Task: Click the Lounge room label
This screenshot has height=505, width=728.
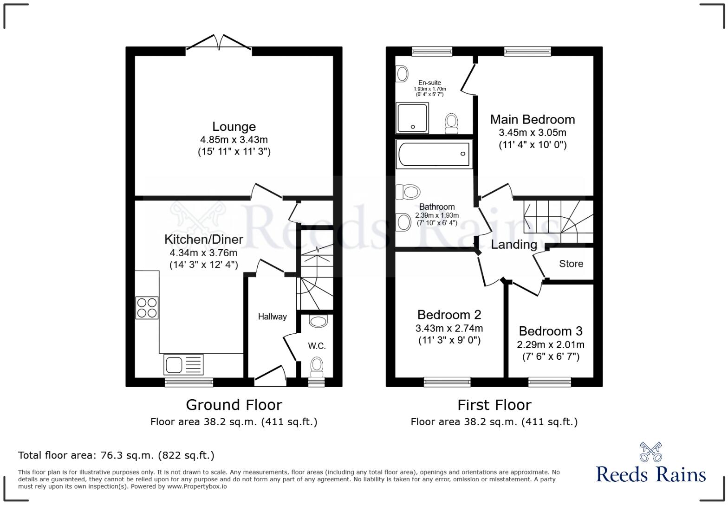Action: pos(234,127)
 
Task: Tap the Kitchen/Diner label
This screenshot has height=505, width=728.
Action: pos(203,240)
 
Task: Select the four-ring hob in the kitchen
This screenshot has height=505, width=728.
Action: pos(147,308)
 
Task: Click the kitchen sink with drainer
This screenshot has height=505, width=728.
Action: pos(183,364)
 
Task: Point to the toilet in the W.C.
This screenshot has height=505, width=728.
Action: pos(317,365)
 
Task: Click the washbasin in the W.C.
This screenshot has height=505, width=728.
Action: pos(318,321)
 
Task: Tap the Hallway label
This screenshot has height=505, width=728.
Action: pos(272,317)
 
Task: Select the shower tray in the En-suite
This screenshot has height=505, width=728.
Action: pos(412,118)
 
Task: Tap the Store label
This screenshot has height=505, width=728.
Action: pos(571,264)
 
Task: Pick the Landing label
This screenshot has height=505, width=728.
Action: pos(514,245)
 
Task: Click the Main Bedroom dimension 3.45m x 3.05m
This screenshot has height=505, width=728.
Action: pos(533,133)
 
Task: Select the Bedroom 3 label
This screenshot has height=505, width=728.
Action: pos(550,331)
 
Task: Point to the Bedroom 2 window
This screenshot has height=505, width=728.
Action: pos(447,382)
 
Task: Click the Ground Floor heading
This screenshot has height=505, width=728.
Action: pos(234,405)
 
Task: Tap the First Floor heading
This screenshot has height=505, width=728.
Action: pos(494,405)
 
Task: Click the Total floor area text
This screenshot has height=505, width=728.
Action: pos(116,455)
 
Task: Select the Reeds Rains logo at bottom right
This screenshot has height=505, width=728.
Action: pos(650,464)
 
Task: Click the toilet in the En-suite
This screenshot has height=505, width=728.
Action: pos(451,123)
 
